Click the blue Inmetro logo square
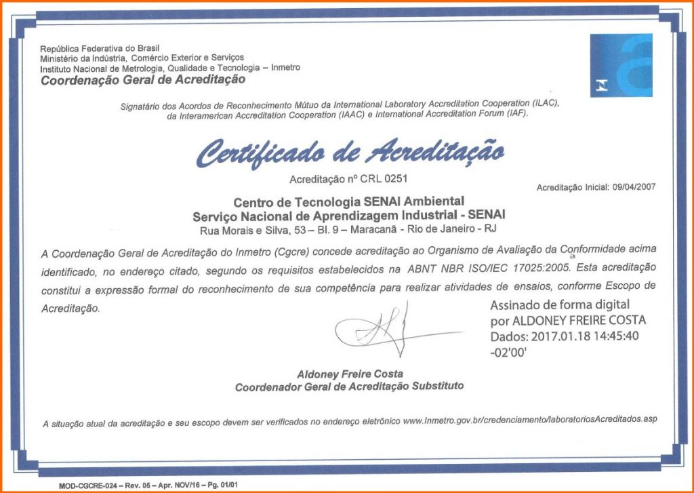click(621, 65)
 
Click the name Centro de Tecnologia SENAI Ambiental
click(348, 201)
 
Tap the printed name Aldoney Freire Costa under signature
click(350, 374)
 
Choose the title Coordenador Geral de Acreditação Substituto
click(349, 387)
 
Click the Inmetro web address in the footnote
click(529, 420)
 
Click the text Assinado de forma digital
click(560, 304)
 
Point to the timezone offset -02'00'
click(508, 353)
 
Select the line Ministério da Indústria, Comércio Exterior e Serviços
click(142, 58)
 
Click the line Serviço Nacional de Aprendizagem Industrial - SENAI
click(348, 215)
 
